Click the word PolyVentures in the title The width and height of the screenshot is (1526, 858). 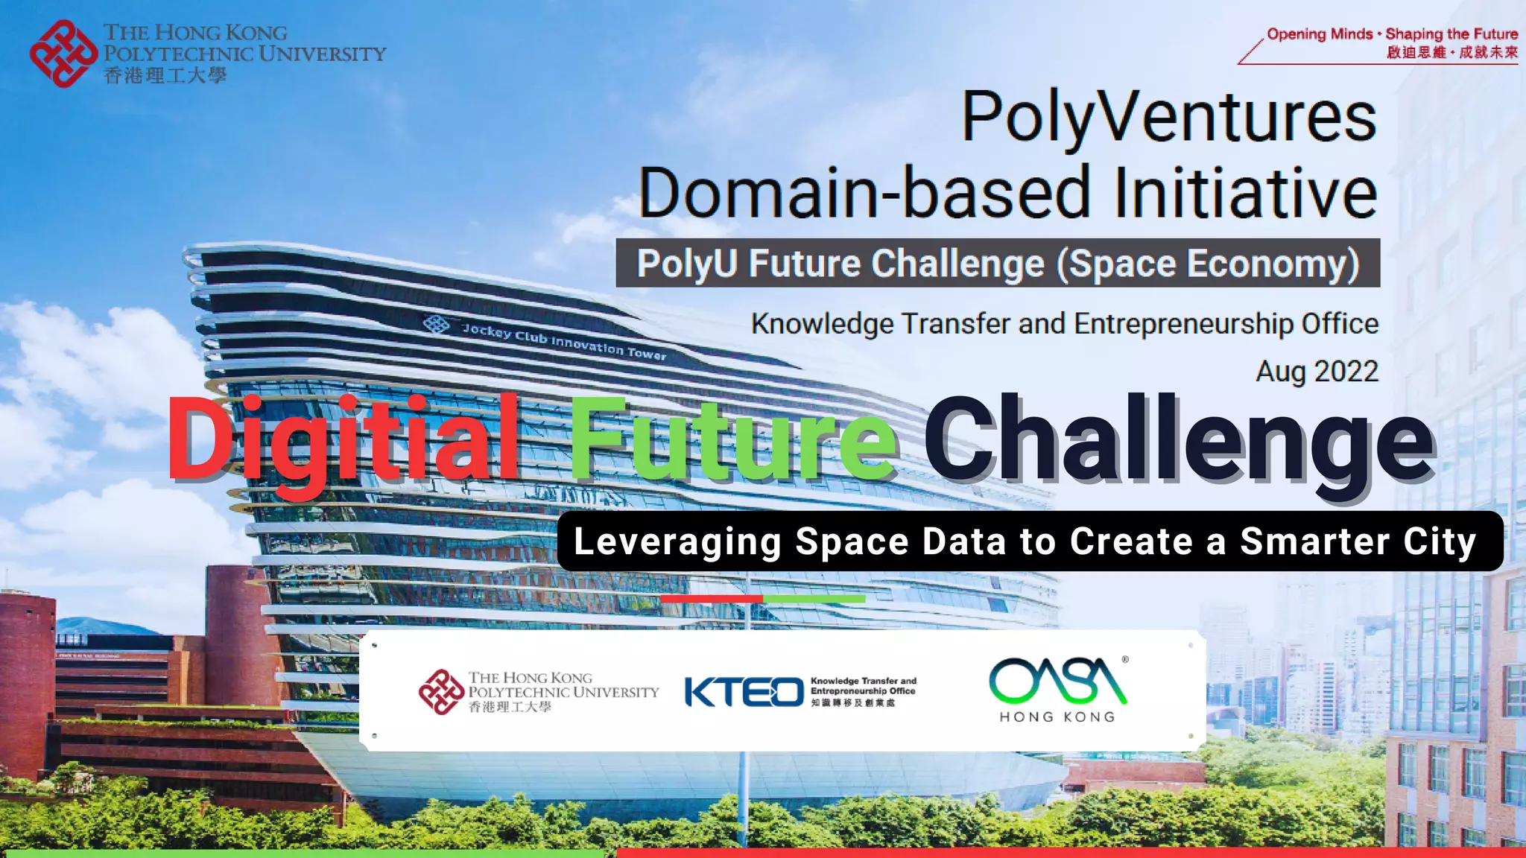[1168, 118]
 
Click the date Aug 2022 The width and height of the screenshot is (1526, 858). [1317, 371]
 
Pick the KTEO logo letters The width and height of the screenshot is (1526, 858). [744, 692]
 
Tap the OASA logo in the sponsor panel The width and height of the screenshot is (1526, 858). [1057, 681]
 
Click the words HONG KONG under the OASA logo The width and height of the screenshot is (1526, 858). [1057, 716]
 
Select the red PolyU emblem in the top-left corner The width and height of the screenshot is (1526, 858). [63, 54]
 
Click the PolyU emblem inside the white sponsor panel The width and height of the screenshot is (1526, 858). [441, 692]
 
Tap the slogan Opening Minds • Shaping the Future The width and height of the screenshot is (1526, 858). [1392, 34]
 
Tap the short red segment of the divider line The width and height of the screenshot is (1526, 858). [711, 599]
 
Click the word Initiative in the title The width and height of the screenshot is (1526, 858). [1245, 192]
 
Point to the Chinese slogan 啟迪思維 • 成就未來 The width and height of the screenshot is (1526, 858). [1451, 52]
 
